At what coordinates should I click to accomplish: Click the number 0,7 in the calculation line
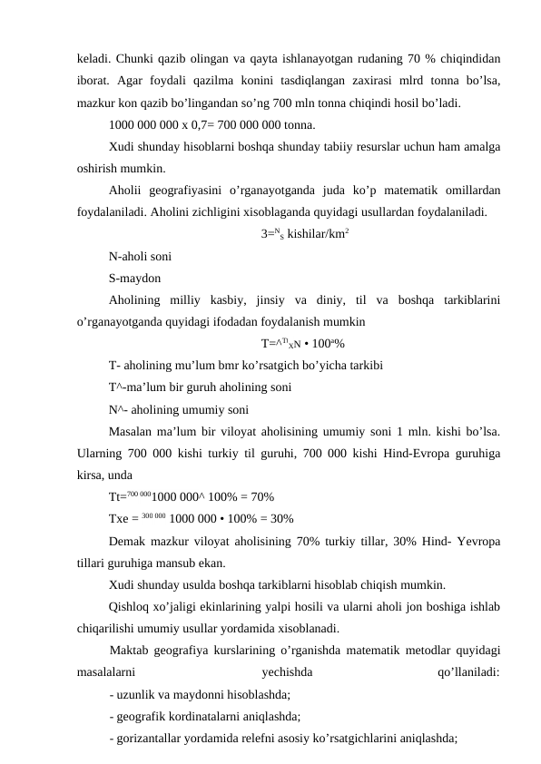coord(187,124)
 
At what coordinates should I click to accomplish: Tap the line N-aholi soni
coord(137,256)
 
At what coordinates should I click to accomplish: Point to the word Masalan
coord(131,431)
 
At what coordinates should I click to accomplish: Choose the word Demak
coord(127,540)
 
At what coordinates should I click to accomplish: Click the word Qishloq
coord(131,605)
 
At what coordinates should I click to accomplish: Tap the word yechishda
coord(286,672)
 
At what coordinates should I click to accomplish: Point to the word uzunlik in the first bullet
coord(134,694)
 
